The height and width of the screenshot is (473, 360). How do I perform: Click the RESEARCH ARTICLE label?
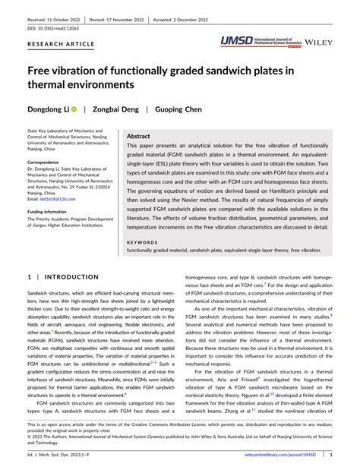pos(62,44)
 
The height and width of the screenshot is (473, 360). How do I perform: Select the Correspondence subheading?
pos(49,162)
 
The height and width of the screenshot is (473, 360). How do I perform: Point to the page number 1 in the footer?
pos(330,454)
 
